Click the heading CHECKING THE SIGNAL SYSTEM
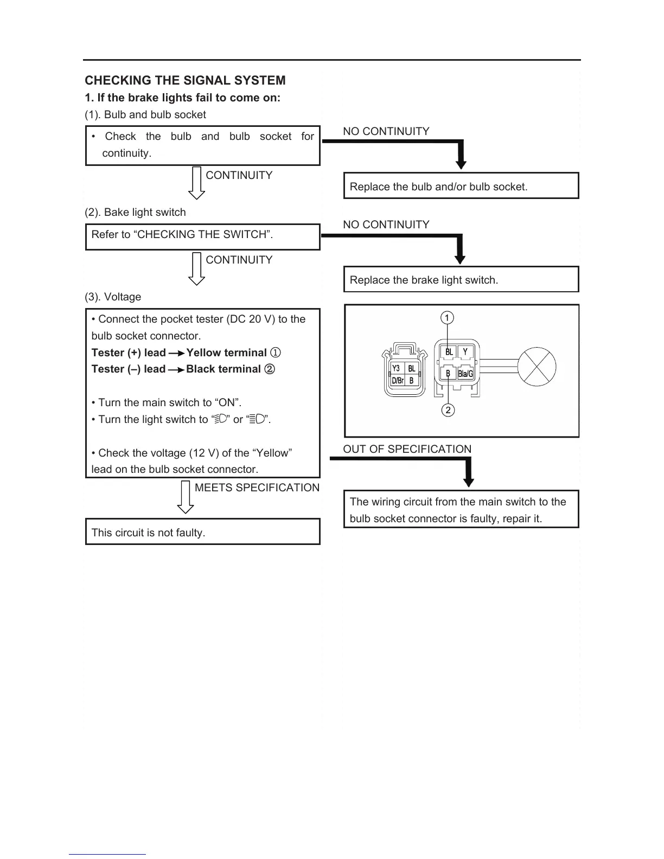click(185, 80)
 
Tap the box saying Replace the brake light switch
click(461, 280)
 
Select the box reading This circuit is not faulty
click(202, 532)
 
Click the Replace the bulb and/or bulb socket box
click(461, 186)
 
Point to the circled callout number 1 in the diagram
click(447, 318)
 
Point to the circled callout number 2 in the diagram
click(448, 410)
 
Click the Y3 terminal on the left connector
click(396, 369)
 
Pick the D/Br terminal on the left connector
click(398, 381)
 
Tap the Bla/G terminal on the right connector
click(465, 374)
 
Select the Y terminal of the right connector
click(465, 352)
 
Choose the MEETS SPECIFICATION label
click(257, 488)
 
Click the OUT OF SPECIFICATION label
click(407, 449)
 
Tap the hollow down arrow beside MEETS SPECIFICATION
click(186, 498)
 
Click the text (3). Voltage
click(113, 297)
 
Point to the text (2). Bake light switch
click(135, 212)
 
